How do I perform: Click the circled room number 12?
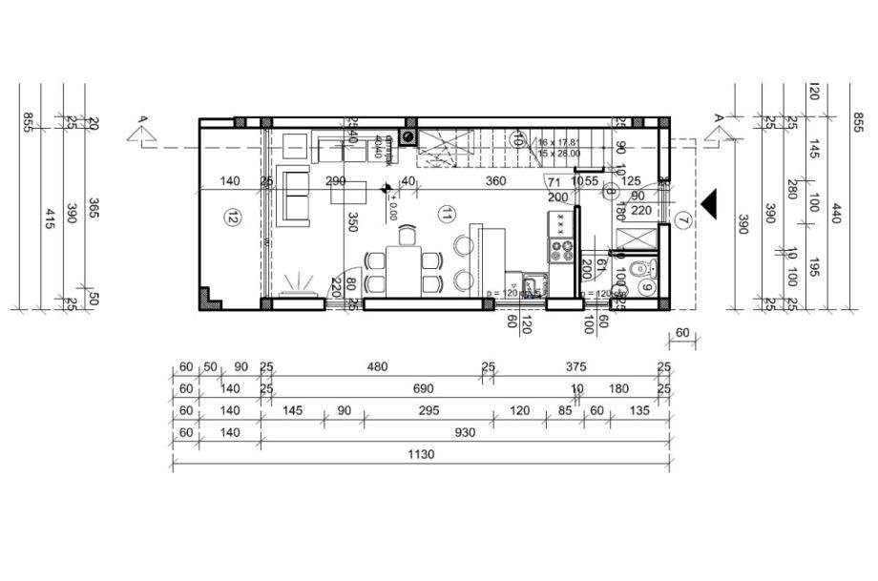pyautogui.click(x=232, y=217)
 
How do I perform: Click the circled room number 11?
pyautogui.click(x=445, y=215)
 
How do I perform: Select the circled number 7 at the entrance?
pyautogui.click(x=681, y=220)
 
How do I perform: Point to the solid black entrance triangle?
pyautogui.click(x=708, y=202)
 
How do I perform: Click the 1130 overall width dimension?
pyautogui.click(x=421, y=455)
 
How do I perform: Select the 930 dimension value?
pyautogui.click(x=465, y=433)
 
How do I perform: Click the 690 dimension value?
pyautogui.click(x=423, y=389)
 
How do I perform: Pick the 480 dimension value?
pyautogui.click(x=379, y=367)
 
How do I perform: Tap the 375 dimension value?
pyautogui.click(x=575, y=367)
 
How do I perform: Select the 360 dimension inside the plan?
pyautogui.click(x=495, y=180)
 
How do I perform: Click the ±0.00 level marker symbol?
pyautogui.click(x=386, y=189)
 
